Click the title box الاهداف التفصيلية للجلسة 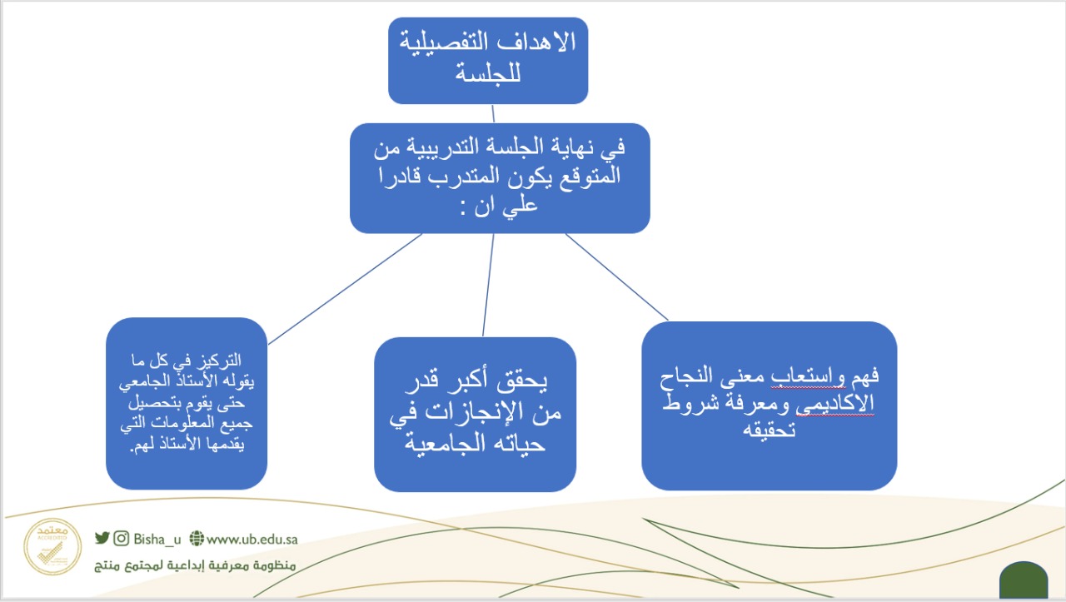488,61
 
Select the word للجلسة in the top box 488,74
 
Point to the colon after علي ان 462,209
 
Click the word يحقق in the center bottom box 522,381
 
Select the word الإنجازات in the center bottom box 469,411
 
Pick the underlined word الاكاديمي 834,404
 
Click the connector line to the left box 345,289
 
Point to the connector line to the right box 617,276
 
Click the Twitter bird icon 102,538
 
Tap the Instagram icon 122,538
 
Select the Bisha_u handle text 157,540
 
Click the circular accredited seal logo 52,546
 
